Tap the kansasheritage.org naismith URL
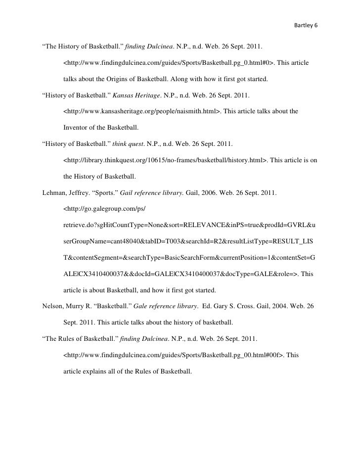[142, 111]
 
